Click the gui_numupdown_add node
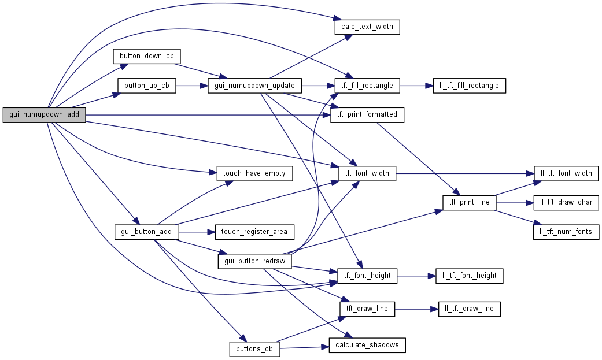44,114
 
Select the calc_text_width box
367,27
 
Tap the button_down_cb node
147,56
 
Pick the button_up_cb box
146,86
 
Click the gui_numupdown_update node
254,86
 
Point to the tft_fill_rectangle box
367,86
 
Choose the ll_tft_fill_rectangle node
470,86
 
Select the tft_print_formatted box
367,114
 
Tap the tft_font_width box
367,173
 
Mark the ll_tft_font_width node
566,173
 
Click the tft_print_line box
469,202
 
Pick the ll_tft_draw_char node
566,202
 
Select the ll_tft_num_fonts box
566,232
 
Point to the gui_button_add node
147,232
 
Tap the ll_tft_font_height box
470,276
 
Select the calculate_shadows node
367,345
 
